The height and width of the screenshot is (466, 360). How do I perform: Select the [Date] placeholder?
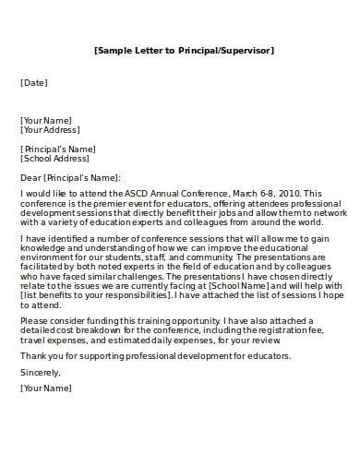33,83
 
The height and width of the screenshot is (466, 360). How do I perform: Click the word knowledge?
42,246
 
